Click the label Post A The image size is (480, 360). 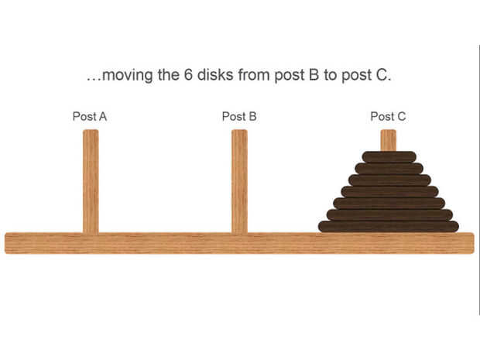[x=90, y=117]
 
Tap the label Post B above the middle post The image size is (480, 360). [x=239, y=117]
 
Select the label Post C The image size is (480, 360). [x=388, y=117]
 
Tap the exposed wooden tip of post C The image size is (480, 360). [x=389, y=140]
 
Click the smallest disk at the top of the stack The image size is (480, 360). [x=389, y=156]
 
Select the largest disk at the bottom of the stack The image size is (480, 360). [x=389, y=226]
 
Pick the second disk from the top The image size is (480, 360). [x=389, y=168]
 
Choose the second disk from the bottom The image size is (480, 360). [x=389, y=214]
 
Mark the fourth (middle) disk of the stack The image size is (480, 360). [x=389, y=191]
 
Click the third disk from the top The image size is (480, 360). [x=389, y=180]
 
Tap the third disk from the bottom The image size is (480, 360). [x=389, y=203]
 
